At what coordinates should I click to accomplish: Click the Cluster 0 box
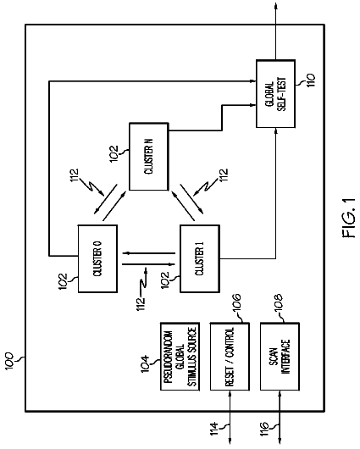97,258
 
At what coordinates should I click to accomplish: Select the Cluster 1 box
200,258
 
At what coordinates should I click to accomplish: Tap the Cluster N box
148,157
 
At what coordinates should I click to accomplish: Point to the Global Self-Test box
275,94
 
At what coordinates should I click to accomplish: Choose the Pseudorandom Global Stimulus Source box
180,357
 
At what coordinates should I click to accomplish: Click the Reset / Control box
230,357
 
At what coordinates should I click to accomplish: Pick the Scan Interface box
280,357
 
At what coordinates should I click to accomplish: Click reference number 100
9,362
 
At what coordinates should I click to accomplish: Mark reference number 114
214,430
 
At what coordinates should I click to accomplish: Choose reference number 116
264,430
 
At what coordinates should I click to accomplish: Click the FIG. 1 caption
348,219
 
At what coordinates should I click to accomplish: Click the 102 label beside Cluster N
114,154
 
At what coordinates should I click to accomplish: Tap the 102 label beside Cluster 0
63,281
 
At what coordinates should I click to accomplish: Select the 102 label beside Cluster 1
165,280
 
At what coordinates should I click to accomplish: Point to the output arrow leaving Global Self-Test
276,31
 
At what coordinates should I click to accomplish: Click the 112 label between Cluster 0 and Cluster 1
141,304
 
